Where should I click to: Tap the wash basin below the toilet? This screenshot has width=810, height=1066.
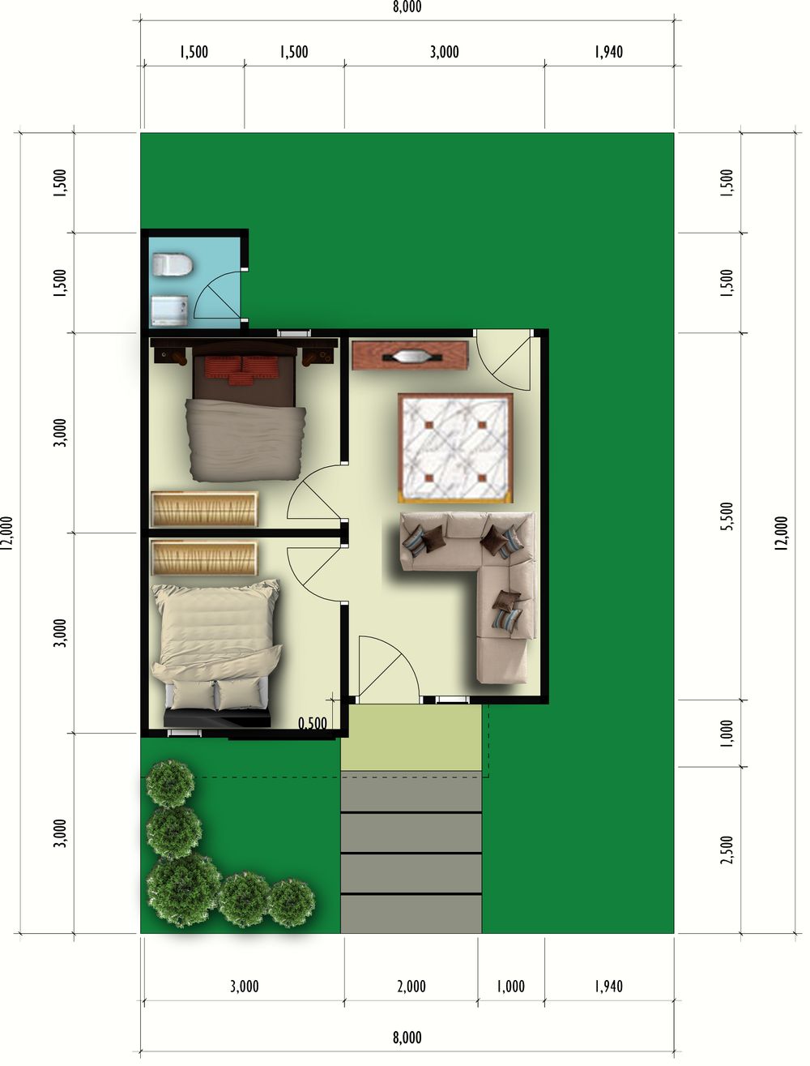click(169, 310)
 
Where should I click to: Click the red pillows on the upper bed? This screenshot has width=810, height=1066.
click(241, 369)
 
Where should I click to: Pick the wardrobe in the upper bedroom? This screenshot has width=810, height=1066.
click(204, 509)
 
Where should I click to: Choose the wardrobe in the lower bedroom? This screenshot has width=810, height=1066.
click(204, 558)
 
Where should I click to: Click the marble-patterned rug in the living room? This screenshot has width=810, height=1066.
click(455, 447)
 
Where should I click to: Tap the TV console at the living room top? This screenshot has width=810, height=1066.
click(411, 356)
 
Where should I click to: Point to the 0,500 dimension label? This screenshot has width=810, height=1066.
click(313, 724)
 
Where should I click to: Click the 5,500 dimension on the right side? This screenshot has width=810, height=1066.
click(727, 516)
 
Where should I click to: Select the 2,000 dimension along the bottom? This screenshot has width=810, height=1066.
click(411, 987)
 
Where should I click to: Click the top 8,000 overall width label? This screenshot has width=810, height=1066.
click(407, 6)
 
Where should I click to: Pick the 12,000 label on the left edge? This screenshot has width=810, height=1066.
click(6, 533)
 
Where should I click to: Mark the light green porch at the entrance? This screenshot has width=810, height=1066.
click(411, 737)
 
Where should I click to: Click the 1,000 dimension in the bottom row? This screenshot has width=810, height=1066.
click(511, 987)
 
